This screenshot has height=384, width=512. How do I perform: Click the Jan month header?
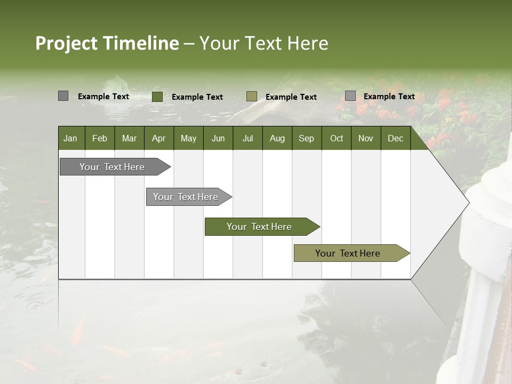point(70,138)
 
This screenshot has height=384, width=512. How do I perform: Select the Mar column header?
point(129,138)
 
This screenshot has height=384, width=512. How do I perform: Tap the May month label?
point(188,138)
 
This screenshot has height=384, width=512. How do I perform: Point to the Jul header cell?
point(247,138)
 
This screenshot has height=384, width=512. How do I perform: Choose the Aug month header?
point(277,138)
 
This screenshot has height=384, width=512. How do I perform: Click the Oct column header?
point(337,138)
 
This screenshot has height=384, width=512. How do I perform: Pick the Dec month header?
point(395,138)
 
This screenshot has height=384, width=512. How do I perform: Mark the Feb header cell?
point(100,138)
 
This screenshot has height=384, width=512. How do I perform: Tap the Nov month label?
point(366,138)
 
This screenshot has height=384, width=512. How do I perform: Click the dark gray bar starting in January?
point(112,167)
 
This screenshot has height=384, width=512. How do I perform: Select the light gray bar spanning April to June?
point(186,197)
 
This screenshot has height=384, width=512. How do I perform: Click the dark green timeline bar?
point(259,227)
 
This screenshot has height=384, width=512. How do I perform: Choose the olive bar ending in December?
point(348,253)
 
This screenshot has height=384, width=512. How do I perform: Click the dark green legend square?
point(157,97)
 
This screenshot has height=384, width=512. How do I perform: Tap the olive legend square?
point(252,96)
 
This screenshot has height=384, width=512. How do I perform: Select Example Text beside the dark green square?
point(197,97)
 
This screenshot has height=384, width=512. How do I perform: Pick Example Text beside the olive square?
point(291,97)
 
